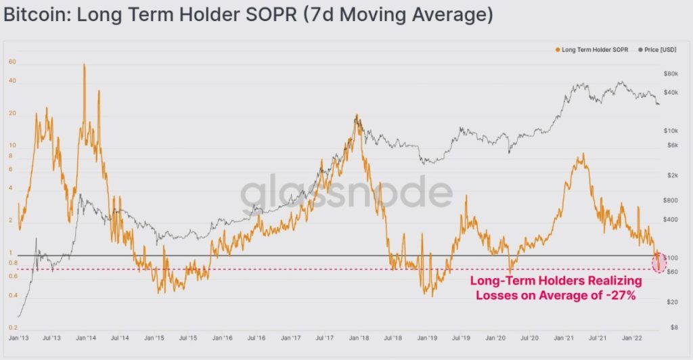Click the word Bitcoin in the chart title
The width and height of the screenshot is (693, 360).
click(35, 14)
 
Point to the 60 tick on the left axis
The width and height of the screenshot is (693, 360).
click(12, 62)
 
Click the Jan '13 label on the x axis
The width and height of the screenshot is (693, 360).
click(19, 337)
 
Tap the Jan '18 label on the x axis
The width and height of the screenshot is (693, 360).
click(359, 337)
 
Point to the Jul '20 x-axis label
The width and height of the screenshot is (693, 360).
click(529, 337)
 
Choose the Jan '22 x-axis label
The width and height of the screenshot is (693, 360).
click(632, 337)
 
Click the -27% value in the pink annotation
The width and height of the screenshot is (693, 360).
click(621, 294)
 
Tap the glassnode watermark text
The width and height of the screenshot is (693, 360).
click(346, 192)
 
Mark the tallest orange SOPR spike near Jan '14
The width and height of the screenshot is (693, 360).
click(85, 65)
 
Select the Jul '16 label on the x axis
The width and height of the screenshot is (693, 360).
click(256, 337)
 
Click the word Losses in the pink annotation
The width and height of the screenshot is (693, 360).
click(498, 294)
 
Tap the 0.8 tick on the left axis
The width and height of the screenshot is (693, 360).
click(13, 263)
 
